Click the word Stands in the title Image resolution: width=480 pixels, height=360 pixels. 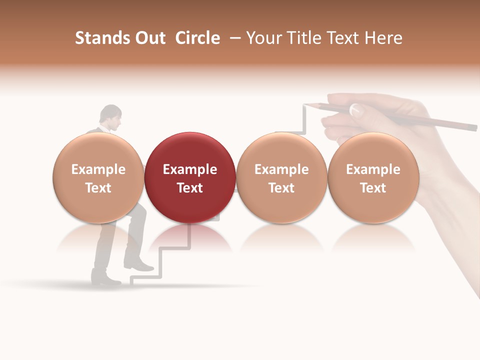click(102, 38)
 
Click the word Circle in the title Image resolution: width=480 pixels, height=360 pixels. click(197, 38)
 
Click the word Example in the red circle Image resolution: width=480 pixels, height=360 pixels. click(190, 169)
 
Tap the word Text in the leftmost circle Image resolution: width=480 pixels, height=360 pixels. click(98, 188)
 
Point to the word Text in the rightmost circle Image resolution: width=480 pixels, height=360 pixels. click(373, 188)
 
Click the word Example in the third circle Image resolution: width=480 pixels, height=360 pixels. click(281, 169)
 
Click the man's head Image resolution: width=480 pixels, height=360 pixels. click(110, 117)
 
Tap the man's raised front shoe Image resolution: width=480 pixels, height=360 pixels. click(140, 266)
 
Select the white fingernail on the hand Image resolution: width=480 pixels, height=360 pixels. click(355, 110)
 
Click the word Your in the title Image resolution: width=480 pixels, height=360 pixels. click(263, 38)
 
